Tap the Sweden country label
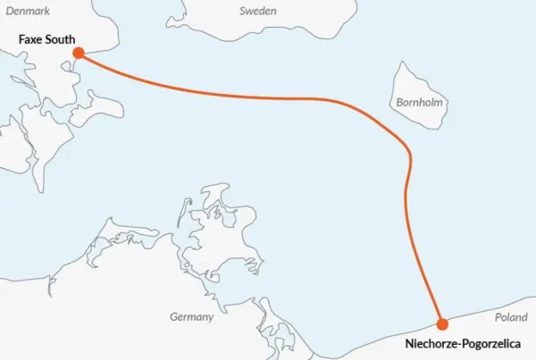(258, 11)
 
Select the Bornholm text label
(418, 102)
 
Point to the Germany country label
(192, 317)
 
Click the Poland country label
(512, 317)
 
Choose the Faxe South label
(47, 39)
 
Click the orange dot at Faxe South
(79, 53)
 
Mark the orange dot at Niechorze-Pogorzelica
(441, 323)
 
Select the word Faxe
(31, 39)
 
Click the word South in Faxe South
(61, 39)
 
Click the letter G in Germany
(174, 317)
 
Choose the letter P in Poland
(498, 317)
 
